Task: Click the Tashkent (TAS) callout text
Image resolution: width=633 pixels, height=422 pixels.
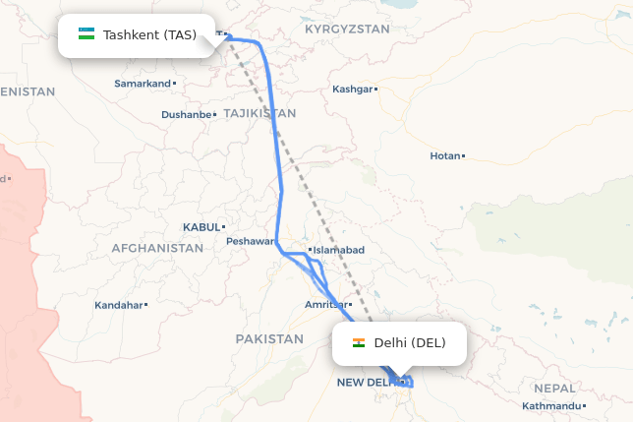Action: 149,35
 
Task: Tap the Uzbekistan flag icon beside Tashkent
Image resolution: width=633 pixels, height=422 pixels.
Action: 86,35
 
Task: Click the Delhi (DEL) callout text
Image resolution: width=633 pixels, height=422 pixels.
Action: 410,343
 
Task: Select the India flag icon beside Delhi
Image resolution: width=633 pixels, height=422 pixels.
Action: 359,343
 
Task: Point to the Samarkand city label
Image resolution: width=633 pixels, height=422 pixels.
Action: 143,84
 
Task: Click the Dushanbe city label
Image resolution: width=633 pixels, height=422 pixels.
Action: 187,115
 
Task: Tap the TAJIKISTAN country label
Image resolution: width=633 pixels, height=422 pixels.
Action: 259,114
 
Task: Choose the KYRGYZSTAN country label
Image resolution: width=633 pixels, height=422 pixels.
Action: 347,30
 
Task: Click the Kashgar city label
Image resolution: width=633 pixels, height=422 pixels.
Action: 353,90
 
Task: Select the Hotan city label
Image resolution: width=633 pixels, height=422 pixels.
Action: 444,156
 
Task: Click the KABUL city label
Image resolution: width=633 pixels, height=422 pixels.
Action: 201,227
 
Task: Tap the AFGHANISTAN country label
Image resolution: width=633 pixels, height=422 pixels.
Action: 157,249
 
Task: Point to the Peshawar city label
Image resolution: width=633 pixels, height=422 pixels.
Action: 249,241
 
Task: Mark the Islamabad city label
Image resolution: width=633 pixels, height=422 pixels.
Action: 339,250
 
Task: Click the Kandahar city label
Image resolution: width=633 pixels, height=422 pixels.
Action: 118,306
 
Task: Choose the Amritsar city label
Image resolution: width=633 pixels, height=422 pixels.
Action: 325,306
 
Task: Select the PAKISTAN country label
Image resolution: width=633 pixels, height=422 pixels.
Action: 269,338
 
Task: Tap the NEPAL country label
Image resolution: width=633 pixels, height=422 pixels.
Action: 555,389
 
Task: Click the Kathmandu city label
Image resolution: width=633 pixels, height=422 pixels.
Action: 551,406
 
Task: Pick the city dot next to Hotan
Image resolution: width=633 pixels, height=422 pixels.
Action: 463,156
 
